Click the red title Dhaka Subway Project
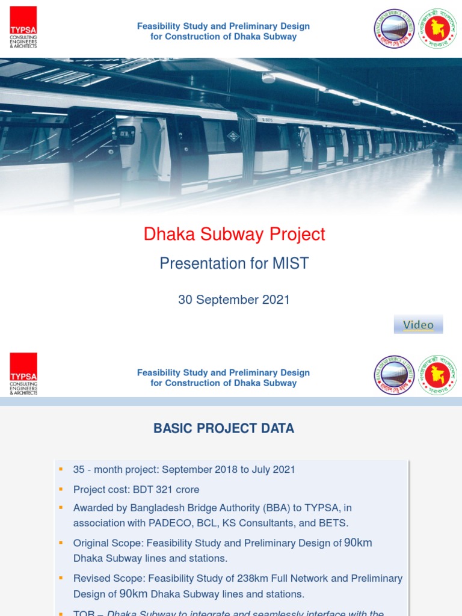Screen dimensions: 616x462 [234, 235]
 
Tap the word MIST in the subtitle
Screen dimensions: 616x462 [291, 263]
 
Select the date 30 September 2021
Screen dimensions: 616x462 [234, 300]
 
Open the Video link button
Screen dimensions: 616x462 [418, 325]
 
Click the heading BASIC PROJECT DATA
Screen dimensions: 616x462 [224, 428]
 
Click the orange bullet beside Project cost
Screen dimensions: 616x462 [60, 489]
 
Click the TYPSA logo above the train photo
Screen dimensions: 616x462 [23, 28]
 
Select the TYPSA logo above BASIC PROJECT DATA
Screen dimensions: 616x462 [23, 374]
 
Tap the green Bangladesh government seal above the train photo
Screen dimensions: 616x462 [437, 28]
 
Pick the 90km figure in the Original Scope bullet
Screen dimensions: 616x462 [358, 543]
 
